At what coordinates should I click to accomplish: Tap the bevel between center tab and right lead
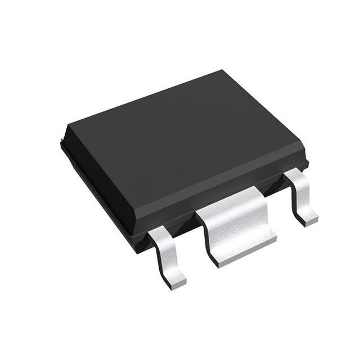(x=276, y=183)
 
